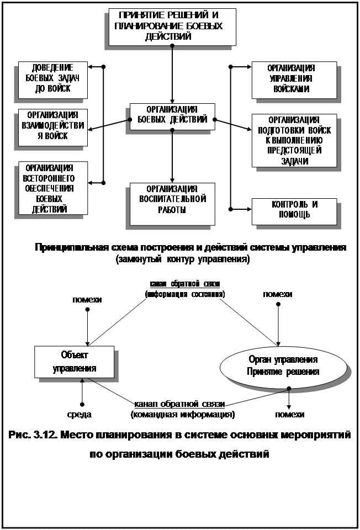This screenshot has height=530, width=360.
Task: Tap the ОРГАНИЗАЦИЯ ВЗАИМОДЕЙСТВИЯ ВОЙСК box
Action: [52, 126]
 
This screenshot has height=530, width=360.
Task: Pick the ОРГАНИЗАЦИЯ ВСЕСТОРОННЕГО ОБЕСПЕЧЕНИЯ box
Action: [52, 187]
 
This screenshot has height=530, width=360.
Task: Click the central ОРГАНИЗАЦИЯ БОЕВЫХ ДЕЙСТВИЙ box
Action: [172, 115]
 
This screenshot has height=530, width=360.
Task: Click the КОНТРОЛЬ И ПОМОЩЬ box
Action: [293, 210]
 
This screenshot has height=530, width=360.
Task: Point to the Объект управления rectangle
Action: [74, 362]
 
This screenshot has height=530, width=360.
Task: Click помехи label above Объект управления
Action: [87, 300]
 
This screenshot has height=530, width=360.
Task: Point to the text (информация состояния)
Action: [184, 295]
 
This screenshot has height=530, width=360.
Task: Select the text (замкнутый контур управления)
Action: [183, 258]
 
